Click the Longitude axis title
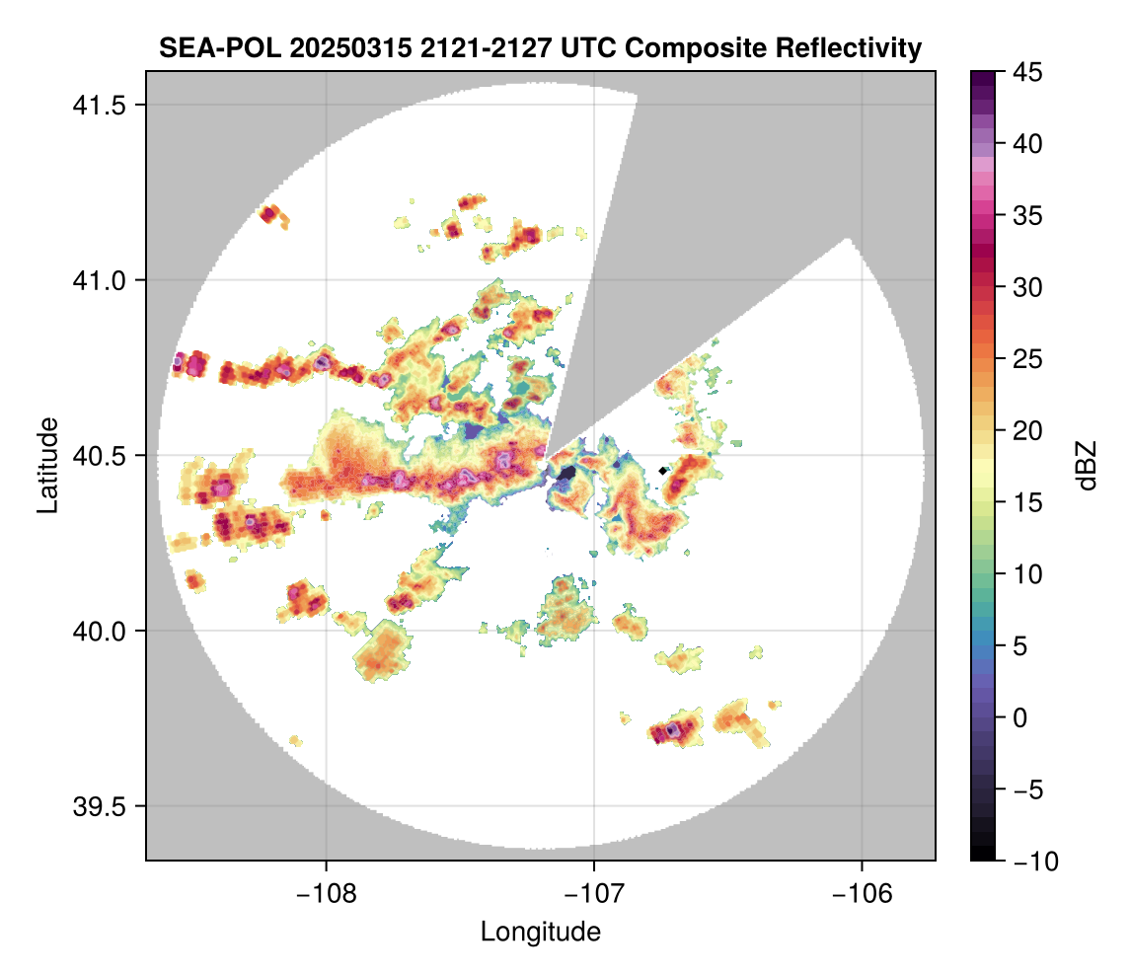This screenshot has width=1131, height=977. coord(540,931)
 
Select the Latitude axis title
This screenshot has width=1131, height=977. coord(46,465)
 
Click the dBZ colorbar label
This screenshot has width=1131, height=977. coord(1086,466)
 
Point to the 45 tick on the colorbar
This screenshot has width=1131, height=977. coord(1020,72)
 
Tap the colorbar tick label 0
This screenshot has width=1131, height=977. coord(1015,717)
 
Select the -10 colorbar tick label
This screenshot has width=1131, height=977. coord(1025,862)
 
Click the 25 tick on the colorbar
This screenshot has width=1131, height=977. coord(1020,359)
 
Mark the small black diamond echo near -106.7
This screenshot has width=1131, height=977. coord(662,470)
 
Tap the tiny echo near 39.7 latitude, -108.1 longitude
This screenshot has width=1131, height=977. coord(295,739)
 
